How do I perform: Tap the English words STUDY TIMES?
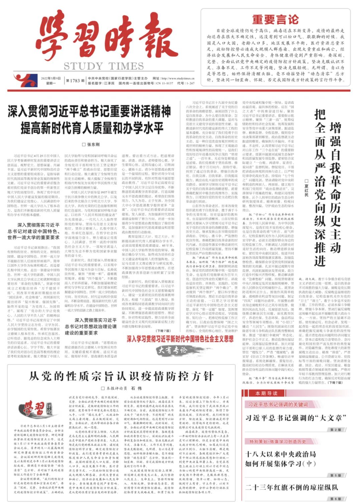[x=104, y=66]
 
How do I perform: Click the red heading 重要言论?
[x=275, y=19]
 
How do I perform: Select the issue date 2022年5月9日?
[x=51, y=78]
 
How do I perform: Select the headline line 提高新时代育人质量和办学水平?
[x=92, y=128]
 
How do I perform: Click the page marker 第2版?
[x=336, y=430]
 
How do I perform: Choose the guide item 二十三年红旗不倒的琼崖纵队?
[x=292, y=487]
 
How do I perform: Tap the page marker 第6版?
[x=336, y=499]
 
